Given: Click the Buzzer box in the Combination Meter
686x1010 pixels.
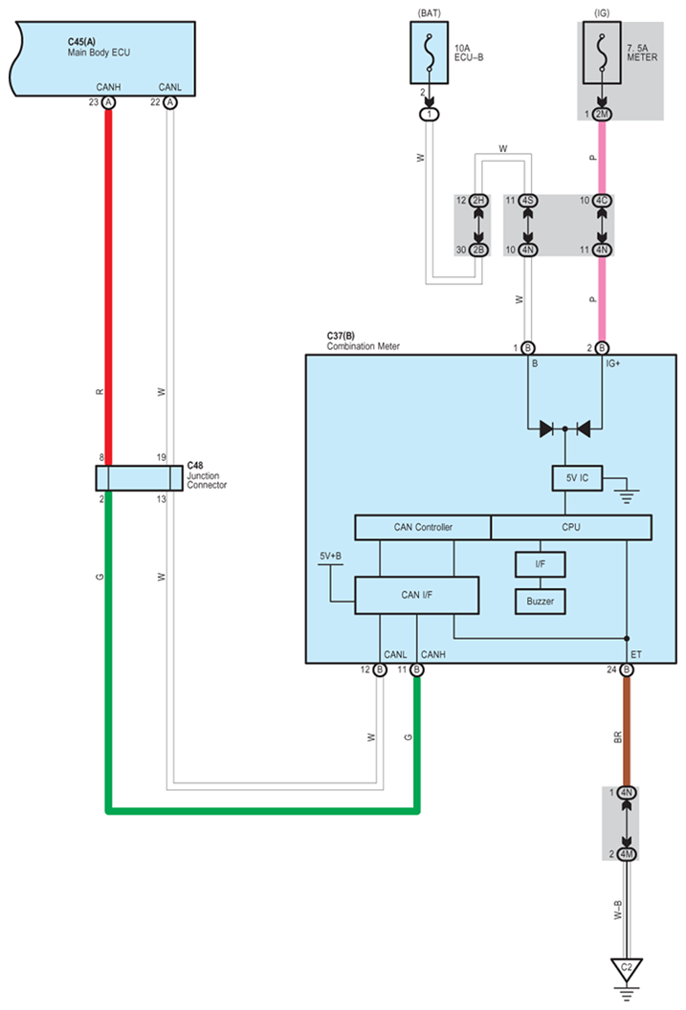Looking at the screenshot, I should click(x=540, y=602).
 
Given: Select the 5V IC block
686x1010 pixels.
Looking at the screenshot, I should click(x=577, y=477).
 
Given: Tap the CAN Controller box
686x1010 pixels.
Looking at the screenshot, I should click(x=423, y=527).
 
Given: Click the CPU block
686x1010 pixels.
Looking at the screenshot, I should click(x=571, y=527).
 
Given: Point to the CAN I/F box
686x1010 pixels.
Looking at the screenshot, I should click(x=416, y=595).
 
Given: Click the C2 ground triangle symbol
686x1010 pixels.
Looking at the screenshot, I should click(x=627, y=968).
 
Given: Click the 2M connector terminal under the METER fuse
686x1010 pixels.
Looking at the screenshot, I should click(x=602, y=115).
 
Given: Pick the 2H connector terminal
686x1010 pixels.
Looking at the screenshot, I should click(x=477, y=201).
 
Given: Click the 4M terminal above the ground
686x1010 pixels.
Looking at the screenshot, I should click(x=627, y=853).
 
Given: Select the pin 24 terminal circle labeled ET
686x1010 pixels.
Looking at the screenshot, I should click(x=627, y=670).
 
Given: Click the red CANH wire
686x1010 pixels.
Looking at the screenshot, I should click(x=108, y=287).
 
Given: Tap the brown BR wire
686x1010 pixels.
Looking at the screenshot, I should click(x=627, y=732).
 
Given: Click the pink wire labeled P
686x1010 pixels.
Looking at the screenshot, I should click(x=602, y=296).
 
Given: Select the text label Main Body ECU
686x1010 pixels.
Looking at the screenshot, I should click(x=99, y=53).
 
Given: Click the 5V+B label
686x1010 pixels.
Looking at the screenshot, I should click(x=331, y=555).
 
